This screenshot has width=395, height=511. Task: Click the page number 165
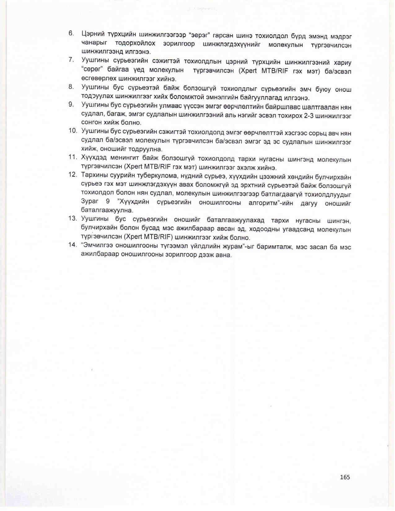click(345, 477)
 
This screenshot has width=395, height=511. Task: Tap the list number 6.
click(71, 33)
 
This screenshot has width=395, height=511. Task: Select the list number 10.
click(72, 131)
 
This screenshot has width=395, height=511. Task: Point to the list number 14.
click(72, 245)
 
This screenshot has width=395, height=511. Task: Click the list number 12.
click(72, 175)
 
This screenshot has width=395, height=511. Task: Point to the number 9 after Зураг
click(108, 201)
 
